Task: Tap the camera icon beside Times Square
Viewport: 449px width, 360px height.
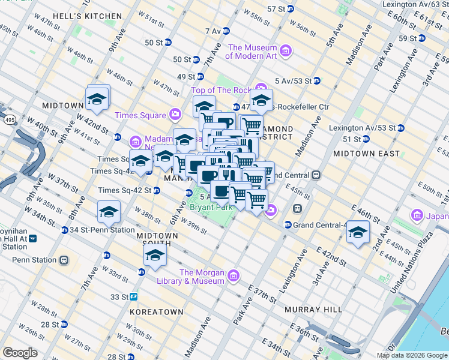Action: [x=175, y=113]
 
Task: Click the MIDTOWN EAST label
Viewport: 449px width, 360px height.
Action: [x=366, y=154]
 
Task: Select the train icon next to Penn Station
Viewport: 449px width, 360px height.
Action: [x=62, y=260]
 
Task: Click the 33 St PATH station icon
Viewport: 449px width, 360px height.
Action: [x=134, y=296]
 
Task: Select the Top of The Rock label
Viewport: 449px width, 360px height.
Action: [x=220, y=90]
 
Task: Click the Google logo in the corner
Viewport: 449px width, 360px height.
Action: [x=20, y=353]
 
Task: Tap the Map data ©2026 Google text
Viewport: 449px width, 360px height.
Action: [x=412, y=355]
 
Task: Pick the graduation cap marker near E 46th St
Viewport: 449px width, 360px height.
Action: [x=358, y=232]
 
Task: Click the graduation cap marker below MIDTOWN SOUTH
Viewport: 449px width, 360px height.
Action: [x=155, y=256]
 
